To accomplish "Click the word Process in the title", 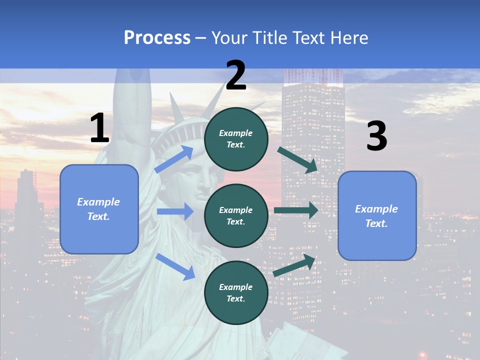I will (157, 38).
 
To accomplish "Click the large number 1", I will (99, 129).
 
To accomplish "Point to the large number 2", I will (236, 76).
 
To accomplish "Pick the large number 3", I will (376, 136).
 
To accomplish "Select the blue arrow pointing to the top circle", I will (173, 159).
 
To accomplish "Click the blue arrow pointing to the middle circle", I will (175, 211).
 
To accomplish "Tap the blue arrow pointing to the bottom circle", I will (175, 266).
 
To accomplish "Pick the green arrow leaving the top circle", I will (298, 160).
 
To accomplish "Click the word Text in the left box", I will (98, 216).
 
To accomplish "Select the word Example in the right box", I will (376, 209).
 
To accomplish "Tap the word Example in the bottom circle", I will (236, 287).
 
